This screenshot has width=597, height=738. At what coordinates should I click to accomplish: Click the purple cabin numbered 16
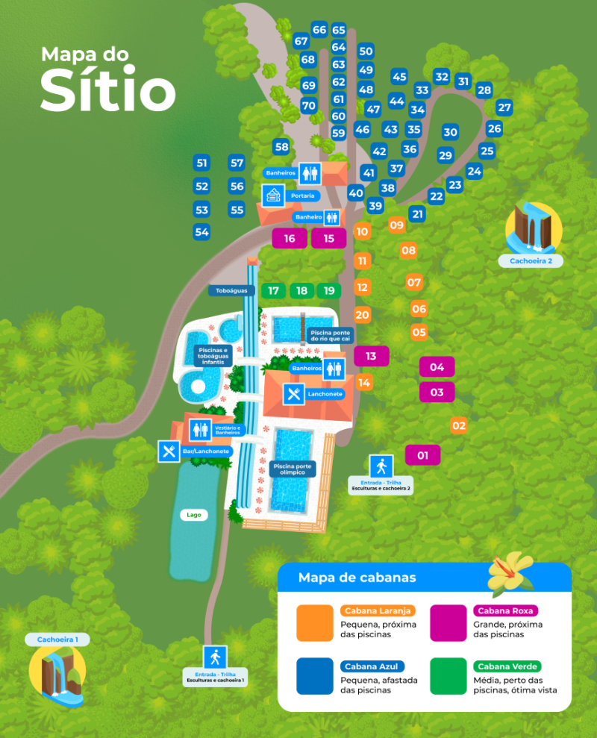[290, 239]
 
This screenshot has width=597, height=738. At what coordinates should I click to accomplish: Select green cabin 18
[301, 290]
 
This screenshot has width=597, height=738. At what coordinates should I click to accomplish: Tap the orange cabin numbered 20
[363, 315]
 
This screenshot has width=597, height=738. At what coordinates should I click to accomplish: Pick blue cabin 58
[281, 147]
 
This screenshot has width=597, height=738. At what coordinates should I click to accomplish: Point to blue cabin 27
[504, 107]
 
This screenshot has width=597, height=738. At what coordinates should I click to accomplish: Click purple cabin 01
[422, 454]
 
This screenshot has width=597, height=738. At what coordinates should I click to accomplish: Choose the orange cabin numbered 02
[459, 426]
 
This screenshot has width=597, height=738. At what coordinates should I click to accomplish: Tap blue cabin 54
[201, 231]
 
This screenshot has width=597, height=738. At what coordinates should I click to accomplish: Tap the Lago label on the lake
[194, 515]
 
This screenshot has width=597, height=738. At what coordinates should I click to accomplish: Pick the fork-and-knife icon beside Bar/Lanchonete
[169, 451]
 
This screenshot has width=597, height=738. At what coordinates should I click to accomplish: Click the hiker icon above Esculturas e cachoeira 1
[216, 657]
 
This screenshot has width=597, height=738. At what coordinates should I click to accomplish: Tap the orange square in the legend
[315, 622]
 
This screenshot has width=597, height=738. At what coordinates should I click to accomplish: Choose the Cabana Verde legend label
[505, 666]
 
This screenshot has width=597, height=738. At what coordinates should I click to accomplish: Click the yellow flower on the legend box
[512, 569]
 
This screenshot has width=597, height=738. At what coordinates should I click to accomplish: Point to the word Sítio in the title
[108, 91]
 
